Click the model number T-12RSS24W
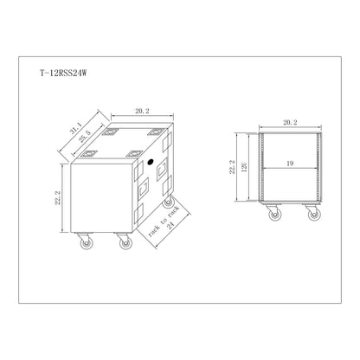pos(63,74)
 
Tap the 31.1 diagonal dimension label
pos(75,127)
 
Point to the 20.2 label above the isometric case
pos(142,111)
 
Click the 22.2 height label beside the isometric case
pos(57,198)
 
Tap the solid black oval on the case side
pos(150,162)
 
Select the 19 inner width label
pos(290,164)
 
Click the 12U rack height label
pos(244,167)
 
